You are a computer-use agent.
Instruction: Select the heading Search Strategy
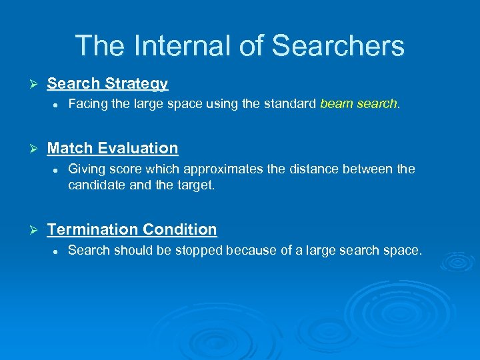[x=107, y=83]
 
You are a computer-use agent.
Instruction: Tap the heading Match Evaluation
[x=112, y=148]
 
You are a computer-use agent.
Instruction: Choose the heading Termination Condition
[x=131, y=229]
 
